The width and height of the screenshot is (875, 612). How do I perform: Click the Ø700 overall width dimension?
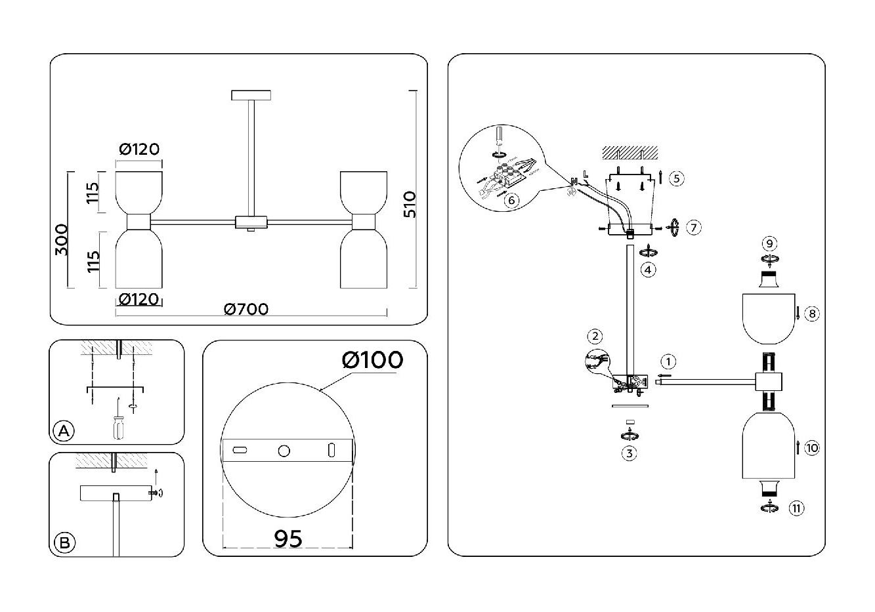pyautogui.click(x=246, y=309)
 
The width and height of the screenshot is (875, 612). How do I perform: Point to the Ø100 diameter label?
pyautogui.click(x=372, y=359)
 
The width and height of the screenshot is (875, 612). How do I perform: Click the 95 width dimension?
pyautogui.click(x=288, y=539)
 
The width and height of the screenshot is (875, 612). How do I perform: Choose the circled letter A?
pyautogui.click(x=64, y=431)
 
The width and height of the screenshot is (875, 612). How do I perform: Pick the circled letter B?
pyautogui.click(x=64, y=543)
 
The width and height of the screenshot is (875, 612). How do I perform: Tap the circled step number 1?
pyautogui.click(x=668, y=361)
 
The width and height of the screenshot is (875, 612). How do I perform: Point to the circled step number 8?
pyautogui.click(x=812, y=314)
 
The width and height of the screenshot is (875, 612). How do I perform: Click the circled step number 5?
pyautogui.click(x=676, y=178)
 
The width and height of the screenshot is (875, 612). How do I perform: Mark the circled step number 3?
pyautogui.click(x=629, y=453)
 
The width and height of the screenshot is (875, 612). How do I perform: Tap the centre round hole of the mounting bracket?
pyautogui.click(x=284, y=451)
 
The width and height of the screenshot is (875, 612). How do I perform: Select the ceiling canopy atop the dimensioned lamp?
pyautogui.click(x=251, y=96)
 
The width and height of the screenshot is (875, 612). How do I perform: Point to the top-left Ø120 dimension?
pyautogui.click(x=139, y=150)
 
